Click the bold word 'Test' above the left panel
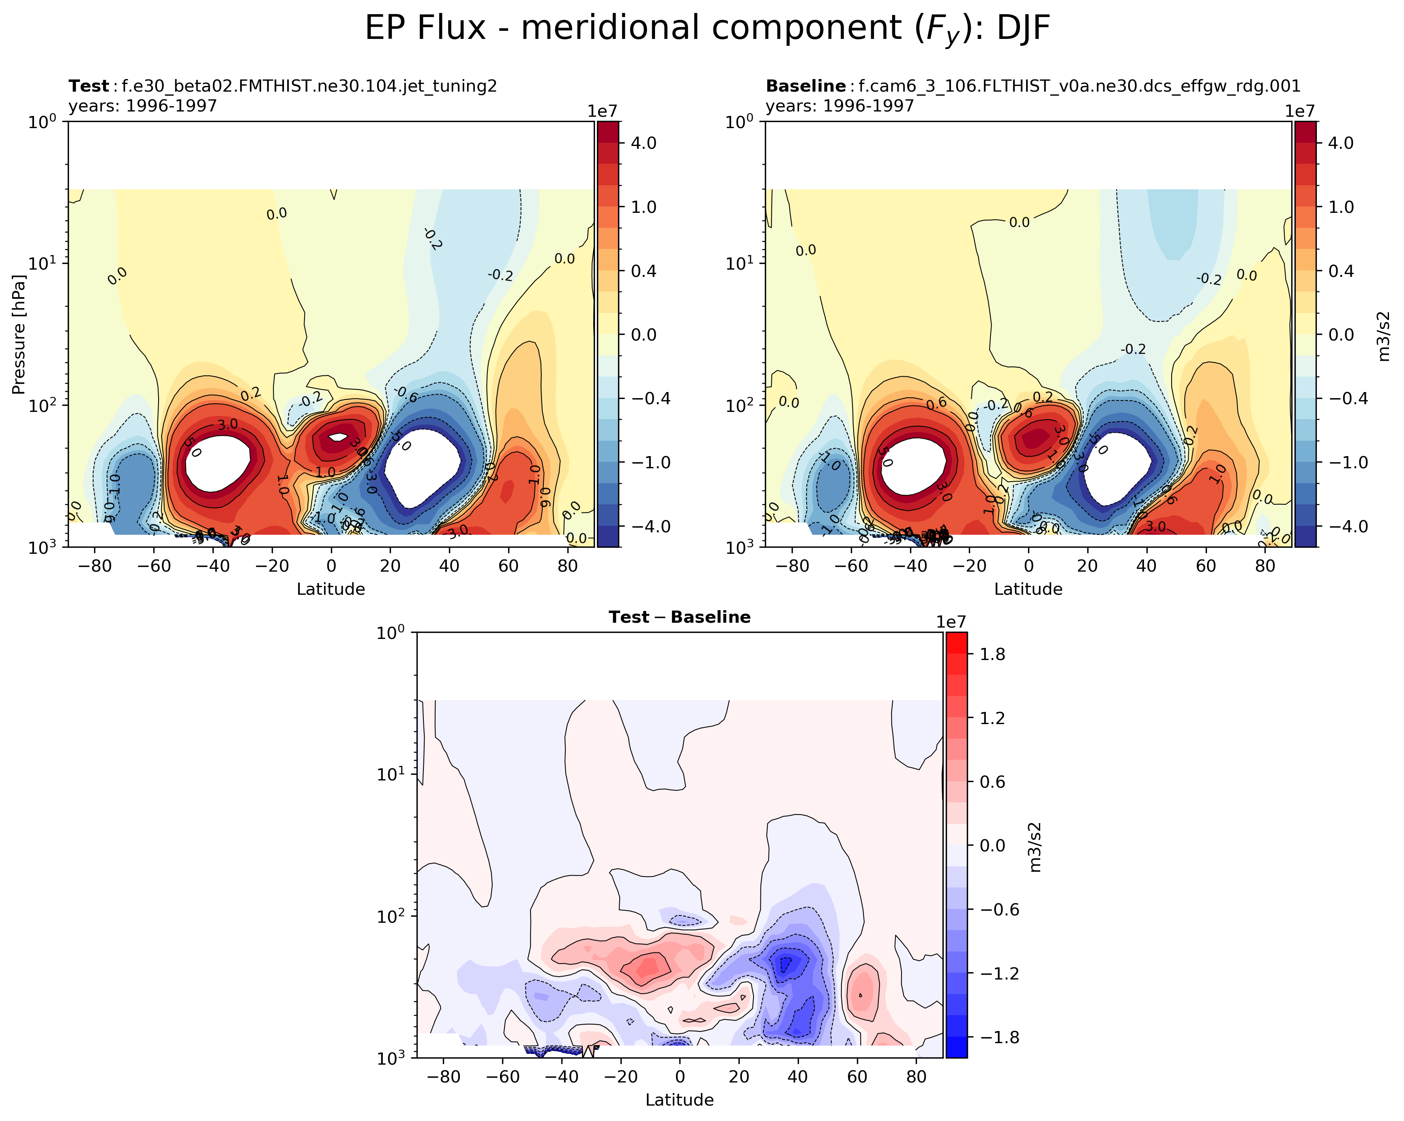88,86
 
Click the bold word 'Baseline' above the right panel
805,86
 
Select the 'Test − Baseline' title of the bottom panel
679,617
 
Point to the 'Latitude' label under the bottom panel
679,1100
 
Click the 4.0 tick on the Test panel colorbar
643,143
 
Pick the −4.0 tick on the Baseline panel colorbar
1336,526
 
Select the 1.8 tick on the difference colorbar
992,654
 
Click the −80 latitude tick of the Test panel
95,566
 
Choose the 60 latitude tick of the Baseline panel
1205,566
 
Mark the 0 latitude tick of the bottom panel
679,1077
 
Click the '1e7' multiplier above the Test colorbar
602,111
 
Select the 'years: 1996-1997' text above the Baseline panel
839,105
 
